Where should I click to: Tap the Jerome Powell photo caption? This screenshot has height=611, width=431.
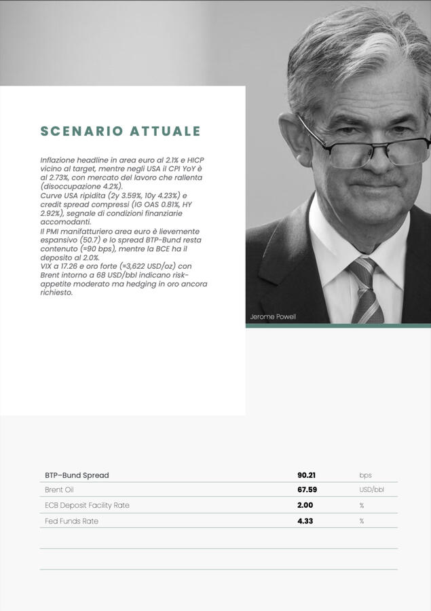coord(273,317)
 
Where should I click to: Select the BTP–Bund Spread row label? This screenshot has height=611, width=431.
coord(77,475)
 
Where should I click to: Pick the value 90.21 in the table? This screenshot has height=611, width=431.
coord(307,475)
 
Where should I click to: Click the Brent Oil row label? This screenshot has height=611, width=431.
coord(59,489)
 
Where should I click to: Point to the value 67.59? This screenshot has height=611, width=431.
coord(307,489)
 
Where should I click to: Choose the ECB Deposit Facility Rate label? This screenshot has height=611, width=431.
coord(87,505)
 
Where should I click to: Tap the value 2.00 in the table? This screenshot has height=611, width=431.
coord(305,505)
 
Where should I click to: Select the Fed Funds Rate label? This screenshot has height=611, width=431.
coord(71,521)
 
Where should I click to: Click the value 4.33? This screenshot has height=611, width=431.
coord(305,521)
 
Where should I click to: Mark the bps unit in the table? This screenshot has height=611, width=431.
coord(365,475)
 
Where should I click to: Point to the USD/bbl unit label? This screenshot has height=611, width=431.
coord(371,489)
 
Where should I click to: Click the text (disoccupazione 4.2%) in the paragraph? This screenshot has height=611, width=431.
coord(81,186)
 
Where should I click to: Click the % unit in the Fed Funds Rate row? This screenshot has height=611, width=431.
coord(362,521)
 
